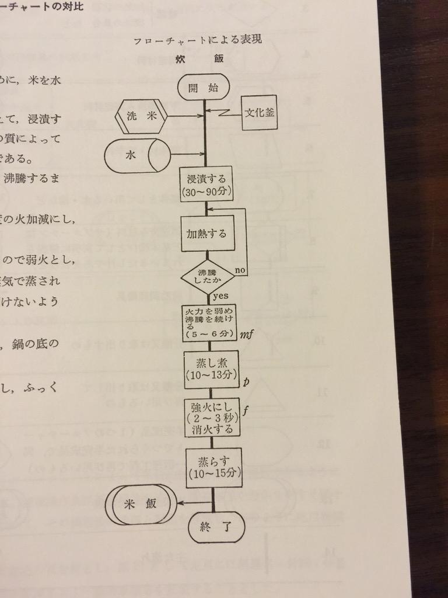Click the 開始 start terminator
point(204,88)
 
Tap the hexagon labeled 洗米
point(141,116)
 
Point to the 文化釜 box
point(259,112)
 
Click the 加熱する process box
point(207,233)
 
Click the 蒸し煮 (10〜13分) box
point(211,369)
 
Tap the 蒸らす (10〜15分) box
point(213,467)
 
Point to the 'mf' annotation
point(245,335)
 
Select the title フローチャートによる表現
point(197,40)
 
